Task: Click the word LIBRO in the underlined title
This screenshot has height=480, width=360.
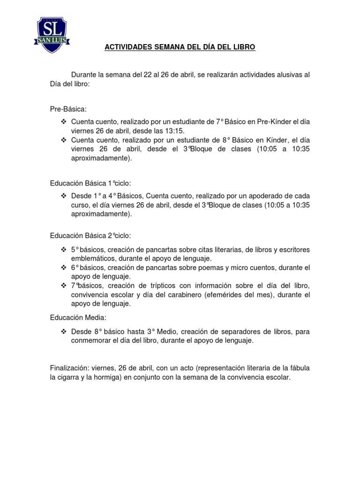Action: tap(245, 47)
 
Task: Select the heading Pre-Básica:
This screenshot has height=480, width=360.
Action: tap(68, 109)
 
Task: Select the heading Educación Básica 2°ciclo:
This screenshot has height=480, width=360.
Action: tap(94, 235)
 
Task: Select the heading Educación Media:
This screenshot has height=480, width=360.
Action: tap(79, 318)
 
